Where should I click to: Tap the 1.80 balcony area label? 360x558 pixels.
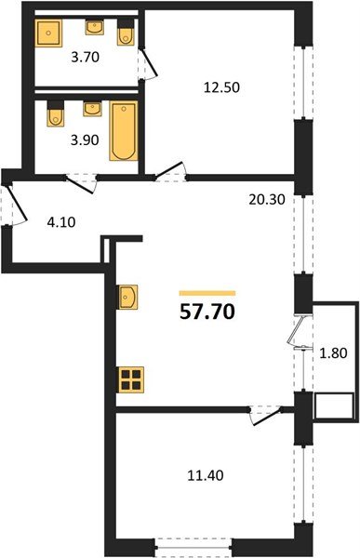pos(331,352)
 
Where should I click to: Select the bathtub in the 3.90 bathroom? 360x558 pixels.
pos(123,132)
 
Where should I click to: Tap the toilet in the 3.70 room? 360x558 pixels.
pos(127,33)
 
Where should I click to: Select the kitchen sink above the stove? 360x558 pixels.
pos(128,297)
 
